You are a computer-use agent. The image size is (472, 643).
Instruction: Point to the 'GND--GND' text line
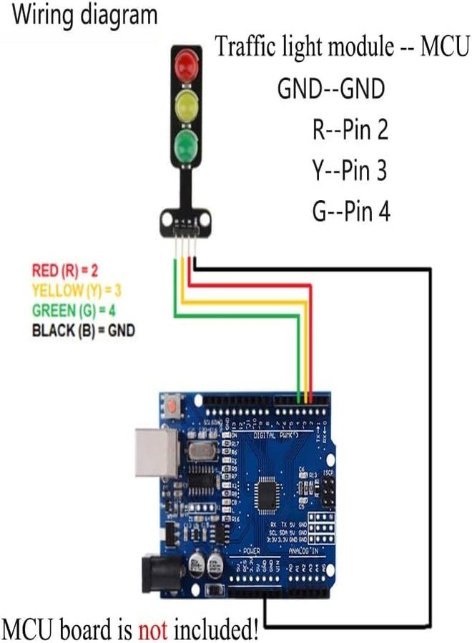pyautogui.click(x=331, y=90)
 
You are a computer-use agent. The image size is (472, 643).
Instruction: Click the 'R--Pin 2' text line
pyautogui.click(x=350, y=130)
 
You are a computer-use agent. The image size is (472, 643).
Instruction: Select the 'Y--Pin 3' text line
pyautogui.click(x=350, y=171)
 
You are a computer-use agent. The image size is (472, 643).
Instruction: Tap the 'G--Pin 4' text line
pyautogui.click(x=350, y=211)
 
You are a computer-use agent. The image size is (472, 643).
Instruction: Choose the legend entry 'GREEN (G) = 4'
pyautogui.click(x=74, y=310)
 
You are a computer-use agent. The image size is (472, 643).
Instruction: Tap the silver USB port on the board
pyautogui.click(x=153, y=452)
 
